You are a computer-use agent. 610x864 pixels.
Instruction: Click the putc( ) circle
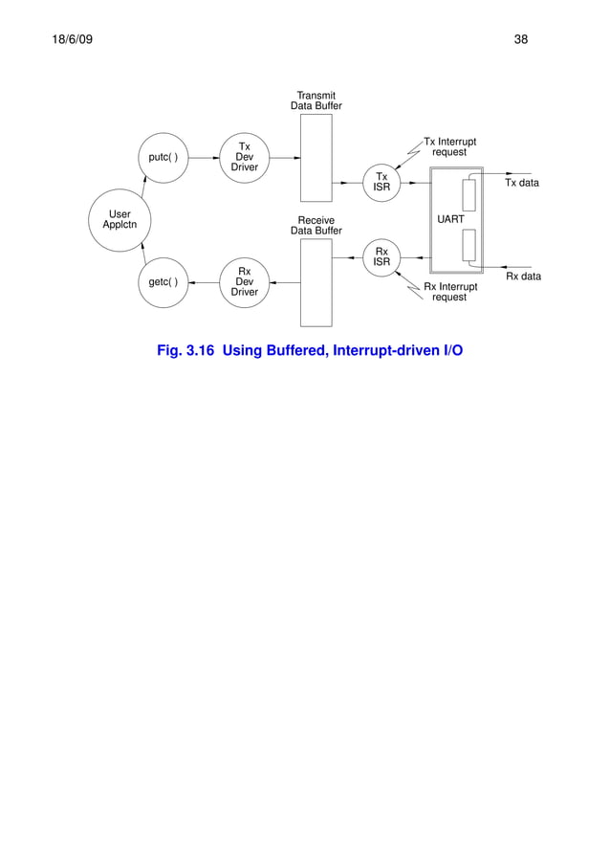[x=163, y=158]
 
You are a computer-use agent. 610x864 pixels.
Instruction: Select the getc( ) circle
[x=163, y=282]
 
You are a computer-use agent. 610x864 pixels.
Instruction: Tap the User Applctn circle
[x=120, y=220]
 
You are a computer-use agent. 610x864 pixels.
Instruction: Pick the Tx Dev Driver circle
[x=244, y=158]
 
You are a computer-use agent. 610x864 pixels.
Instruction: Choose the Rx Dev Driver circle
[x=244, y=282]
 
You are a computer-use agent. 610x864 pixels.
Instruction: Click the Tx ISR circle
[x=381, y=182]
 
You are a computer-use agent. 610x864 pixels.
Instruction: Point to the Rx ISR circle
[x=381, y=257]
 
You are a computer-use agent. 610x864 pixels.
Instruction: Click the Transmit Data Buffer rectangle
[x=316, y=158]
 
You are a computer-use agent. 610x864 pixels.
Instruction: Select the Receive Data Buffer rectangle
[x=316, y=282]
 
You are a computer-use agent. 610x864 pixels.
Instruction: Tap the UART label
[x=450, y=220]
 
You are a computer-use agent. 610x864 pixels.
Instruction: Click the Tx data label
[x=522, y=183]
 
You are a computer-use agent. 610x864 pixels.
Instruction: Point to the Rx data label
[x=523, y=277]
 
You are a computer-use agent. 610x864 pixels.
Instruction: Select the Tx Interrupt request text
[x=449, y=147]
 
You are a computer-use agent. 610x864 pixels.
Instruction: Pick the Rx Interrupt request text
[x=449, y=292]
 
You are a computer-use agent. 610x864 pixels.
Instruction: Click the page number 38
[x=521, y=40]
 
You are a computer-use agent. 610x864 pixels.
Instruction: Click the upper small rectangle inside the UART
[x=468, y=194]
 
